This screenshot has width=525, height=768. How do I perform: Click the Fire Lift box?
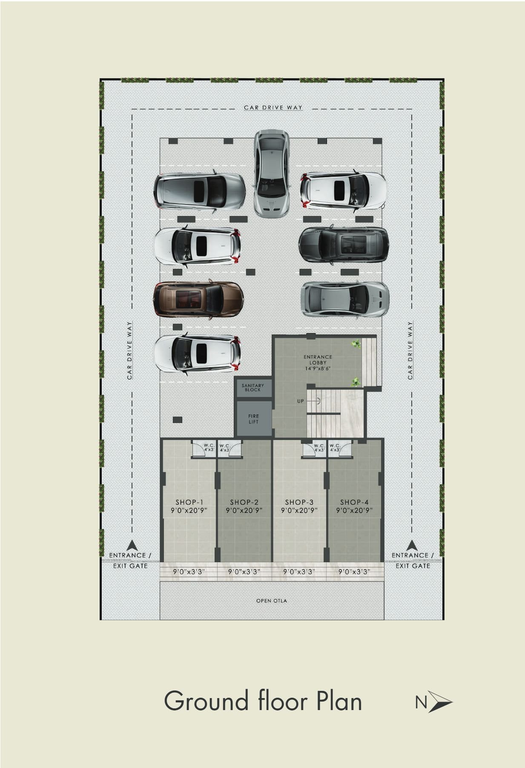[254, 419]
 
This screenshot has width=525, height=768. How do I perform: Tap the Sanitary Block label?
[253, 388]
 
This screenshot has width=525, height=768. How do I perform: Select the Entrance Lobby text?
[318, 362]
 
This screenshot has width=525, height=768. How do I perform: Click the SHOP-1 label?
[189, 502]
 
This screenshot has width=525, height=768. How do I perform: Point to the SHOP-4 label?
[354, 502]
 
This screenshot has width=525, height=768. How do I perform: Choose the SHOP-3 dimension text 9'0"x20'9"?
[299, 510]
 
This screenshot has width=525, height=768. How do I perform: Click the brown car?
[198, 299]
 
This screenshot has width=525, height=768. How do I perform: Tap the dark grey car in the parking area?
[344, 244]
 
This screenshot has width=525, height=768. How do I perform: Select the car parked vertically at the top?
[273, 173]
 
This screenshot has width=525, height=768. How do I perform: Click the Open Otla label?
[272, 601]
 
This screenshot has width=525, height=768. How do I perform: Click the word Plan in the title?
[339, 701]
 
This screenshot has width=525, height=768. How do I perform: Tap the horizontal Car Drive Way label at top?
[273, 108]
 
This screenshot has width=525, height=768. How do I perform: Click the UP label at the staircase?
[301, 401]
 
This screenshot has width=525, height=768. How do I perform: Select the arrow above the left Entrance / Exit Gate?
[132, 545]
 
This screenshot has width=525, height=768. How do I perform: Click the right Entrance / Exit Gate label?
[413, 561]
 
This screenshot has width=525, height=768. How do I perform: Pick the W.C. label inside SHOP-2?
[225, 447]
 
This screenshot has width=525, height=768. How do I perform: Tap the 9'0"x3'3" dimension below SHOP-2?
[244, 572]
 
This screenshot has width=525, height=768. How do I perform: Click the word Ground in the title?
[207, 701]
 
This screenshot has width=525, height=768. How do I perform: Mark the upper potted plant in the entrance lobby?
[356, 344]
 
